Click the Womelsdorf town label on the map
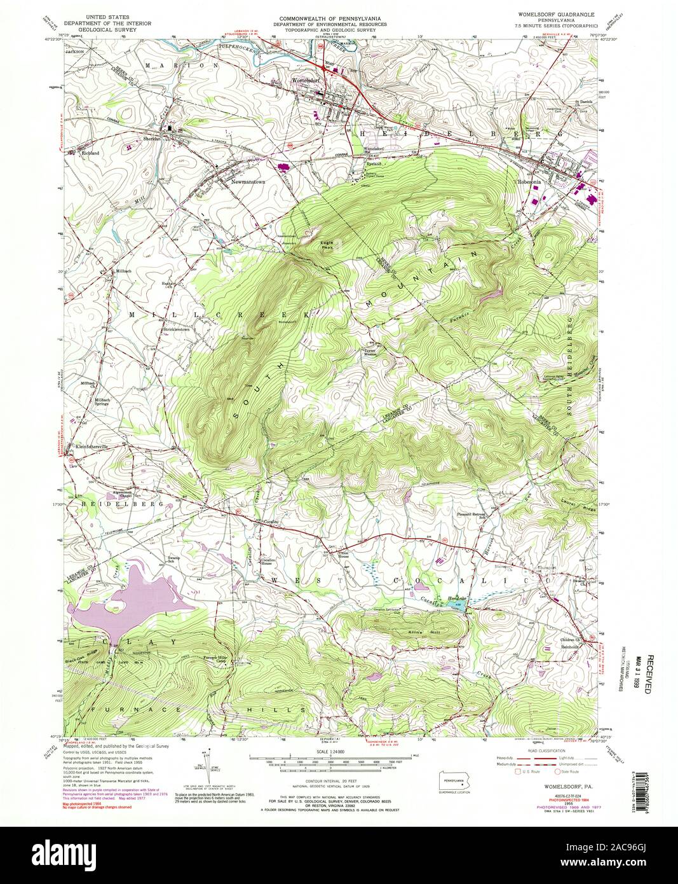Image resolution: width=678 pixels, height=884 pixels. tap(304, 81)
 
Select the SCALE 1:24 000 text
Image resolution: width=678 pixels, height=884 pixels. tap(328, 751)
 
